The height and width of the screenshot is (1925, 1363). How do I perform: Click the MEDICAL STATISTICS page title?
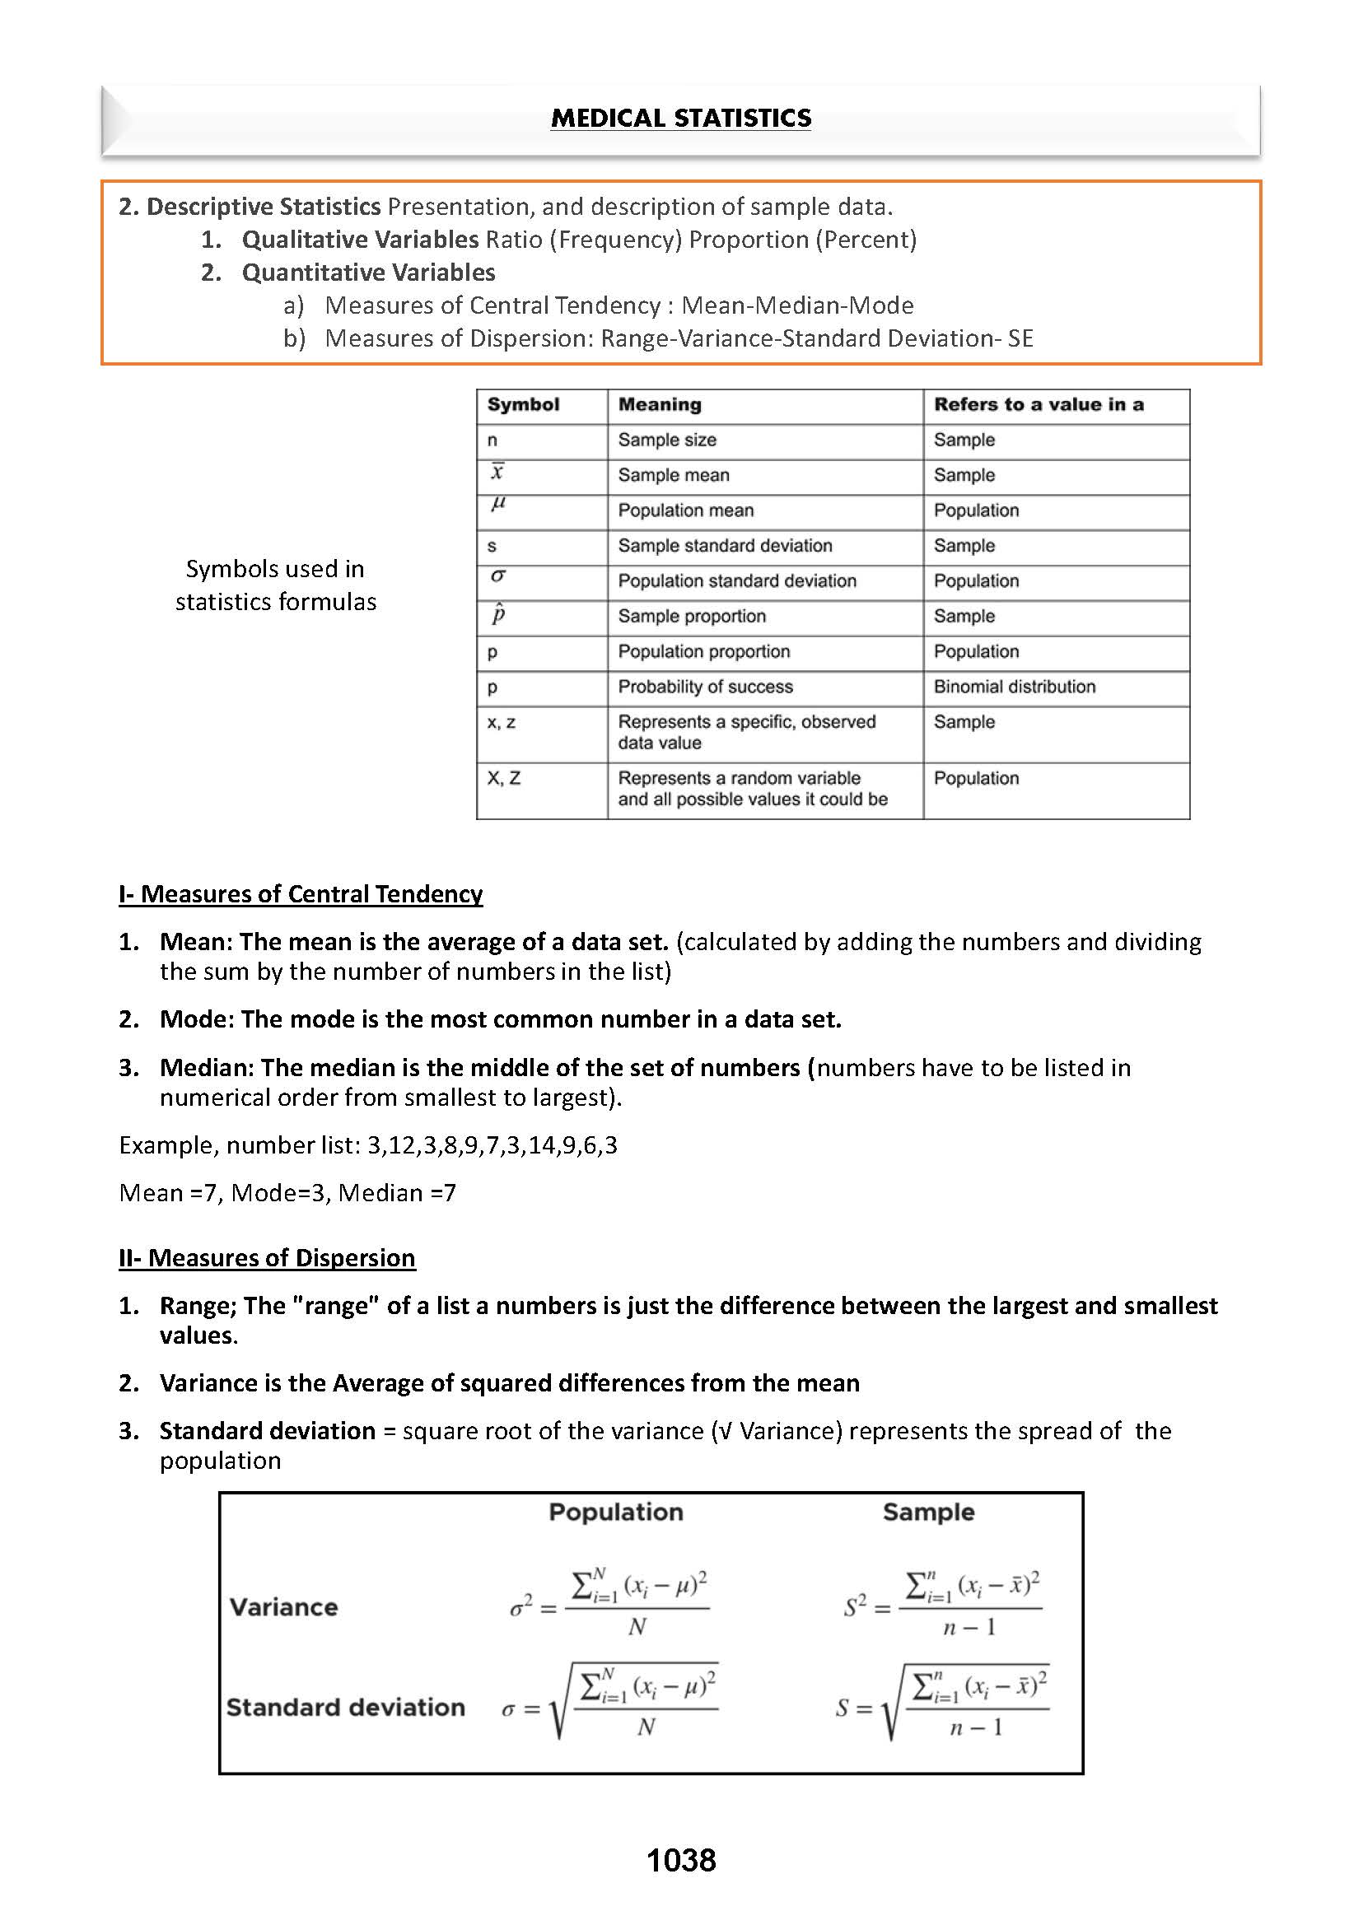(680, 119)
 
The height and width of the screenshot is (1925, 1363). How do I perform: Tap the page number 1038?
(680, 1861)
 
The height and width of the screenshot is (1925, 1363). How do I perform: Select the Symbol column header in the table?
(523, 404)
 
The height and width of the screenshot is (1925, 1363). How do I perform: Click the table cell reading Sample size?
(667, 440)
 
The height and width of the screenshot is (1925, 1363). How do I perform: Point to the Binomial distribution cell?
(1015, 687)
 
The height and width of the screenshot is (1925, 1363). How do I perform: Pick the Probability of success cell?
(705, 687)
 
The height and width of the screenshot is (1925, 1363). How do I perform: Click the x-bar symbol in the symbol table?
(497, 473)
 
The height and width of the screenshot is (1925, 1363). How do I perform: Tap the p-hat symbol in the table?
(497, 614)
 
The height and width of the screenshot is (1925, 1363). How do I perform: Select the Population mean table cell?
(686, 510)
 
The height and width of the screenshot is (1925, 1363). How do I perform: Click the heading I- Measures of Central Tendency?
(301, 893)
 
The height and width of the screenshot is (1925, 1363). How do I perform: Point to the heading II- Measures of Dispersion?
(267, 1258)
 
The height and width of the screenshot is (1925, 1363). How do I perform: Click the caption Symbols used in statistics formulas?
(275, 585)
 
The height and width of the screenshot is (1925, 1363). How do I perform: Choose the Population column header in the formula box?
(616, 1512)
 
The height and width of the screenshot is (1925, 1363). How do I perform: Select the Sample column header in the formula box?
(928, 1512)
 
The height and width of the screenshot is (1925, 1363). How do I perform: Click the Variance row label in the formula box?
(283, 1607)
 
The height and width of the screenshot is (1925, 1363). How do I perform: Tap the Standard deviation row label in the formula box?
(345, 1707)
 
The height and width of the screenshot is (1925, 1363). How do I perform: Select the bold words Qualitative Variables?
(360, 239)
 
